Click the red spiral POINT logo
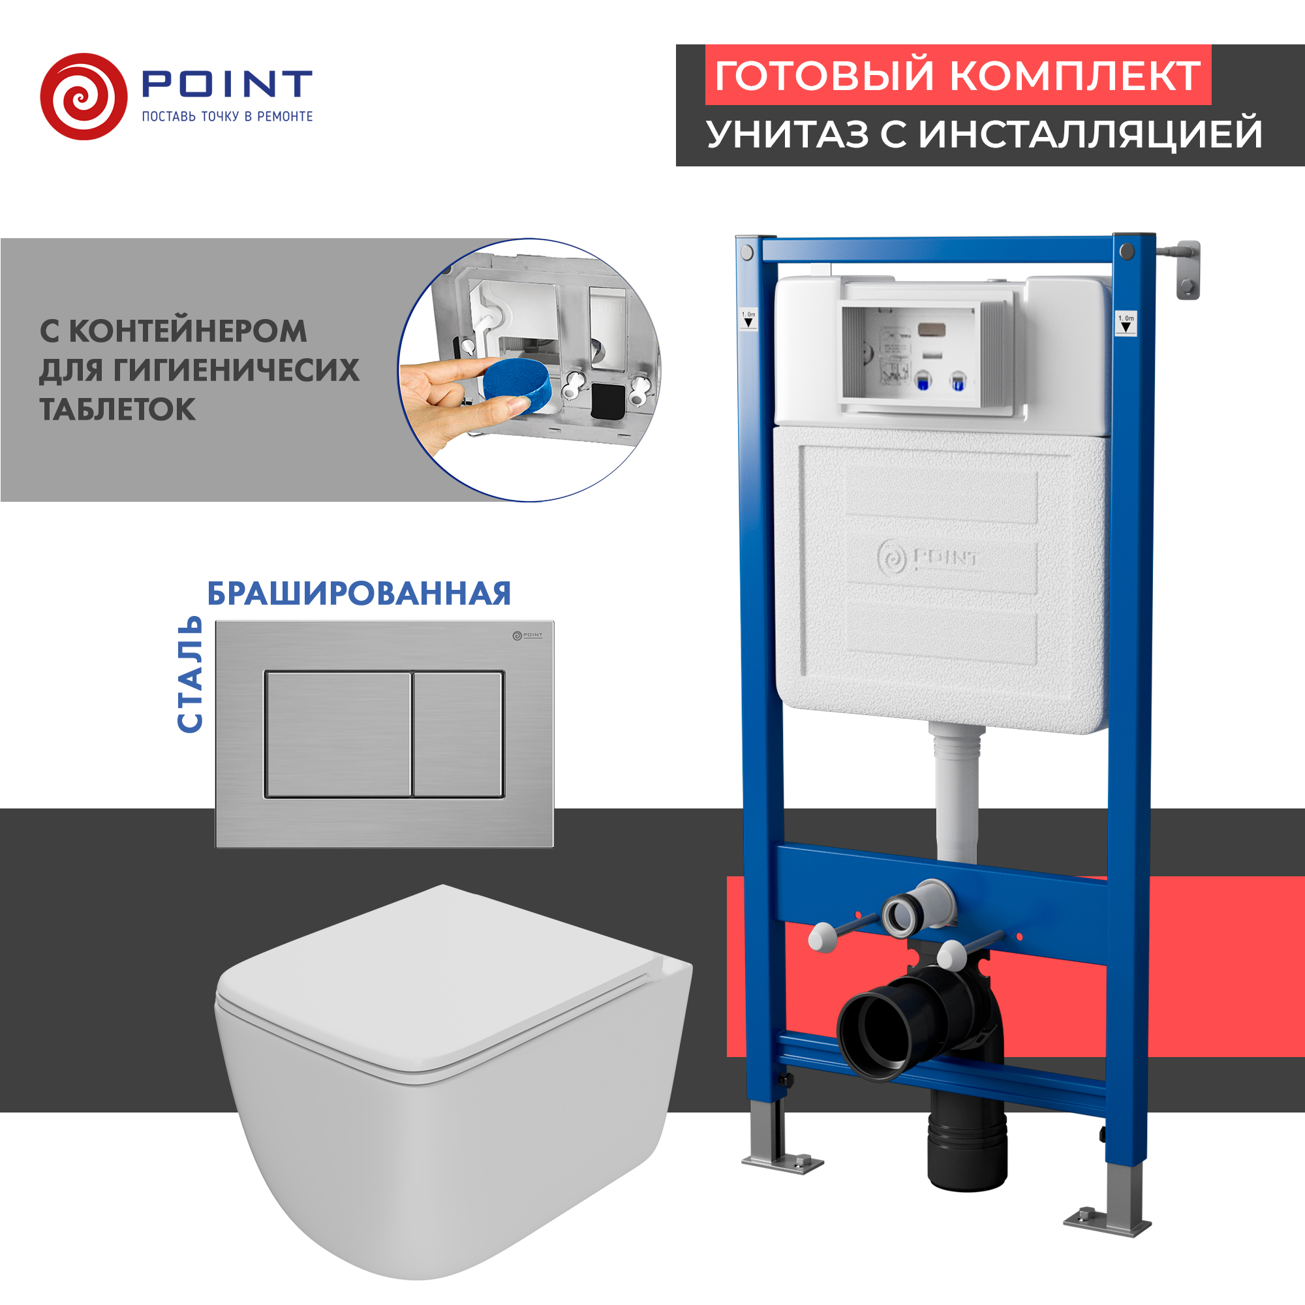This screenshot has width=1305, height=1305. click(84, 97)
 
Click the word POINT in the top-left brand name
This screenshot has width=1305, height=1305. click(226, 84)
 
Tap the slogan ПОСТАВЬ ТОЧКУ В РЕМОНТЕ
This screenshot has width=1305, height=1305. click(227, 117)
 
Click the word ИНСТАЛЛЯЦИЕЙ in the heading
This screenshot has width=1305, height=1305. click(1090, 134)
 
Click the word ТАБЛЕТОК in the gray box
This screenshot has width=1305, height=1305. click(117, 410)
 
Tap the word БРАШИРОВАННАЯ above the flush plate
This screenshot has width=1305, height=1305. click(359, 594)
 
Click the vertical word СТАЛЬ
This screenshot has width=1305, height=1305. click(190, 674)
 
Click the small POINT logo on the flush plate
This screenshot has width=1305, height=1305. click(527, 635)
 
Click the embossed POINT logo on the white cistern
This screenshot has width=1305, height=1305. click(927, 558)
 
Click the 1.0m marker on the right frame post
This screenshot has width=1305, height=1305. click(1126, 324)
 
